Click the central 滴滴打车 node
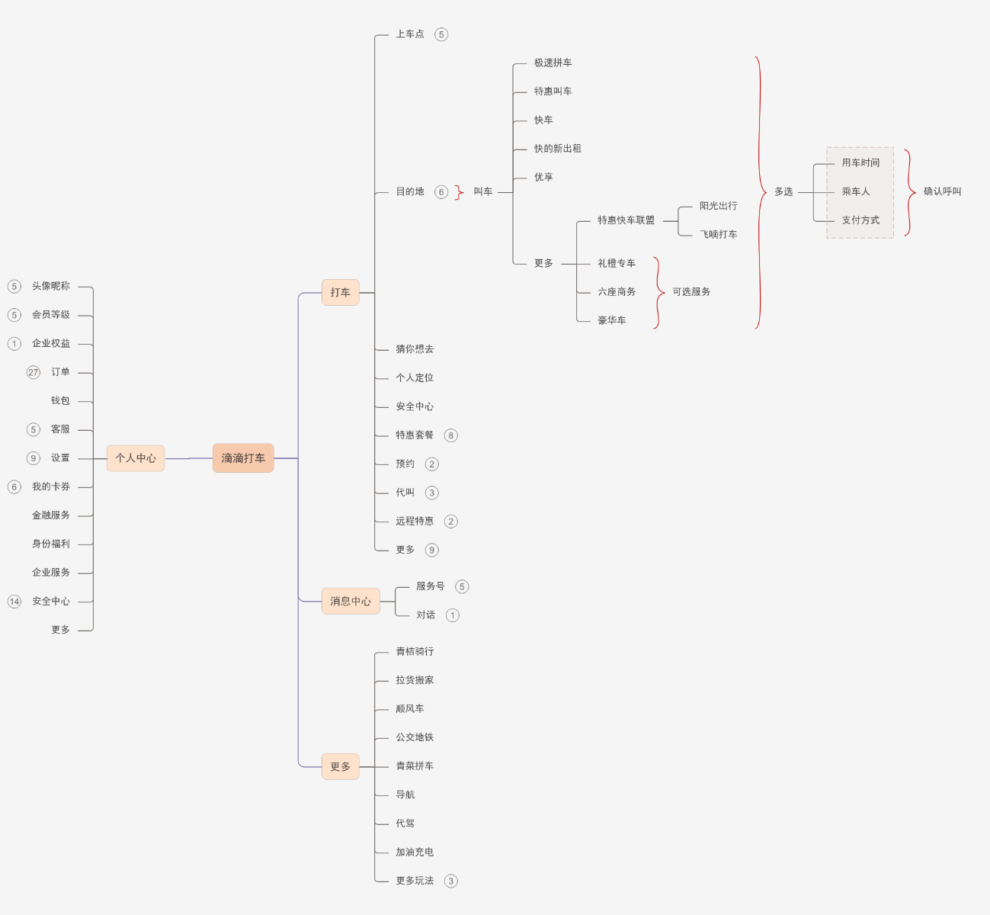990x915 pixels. click(x=243, y=458)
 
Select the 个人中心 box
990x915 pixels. click(x=136, y=458)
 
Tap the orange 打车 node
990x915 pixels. click(x=340, y=292)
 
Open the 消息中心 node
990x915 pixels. click(x=351, y=602)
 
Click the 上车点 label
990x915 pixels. click(x=410, y=34)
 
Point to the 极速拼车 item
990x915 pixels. click(x=553, y=63)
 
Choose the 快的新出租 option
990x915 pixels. click(x=557, y=149)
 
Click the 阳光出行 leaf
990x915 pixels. click(x=718, y=206)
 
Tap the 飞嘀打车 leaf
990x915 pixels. click(x=718, y=235)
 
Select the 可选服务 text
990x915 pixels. click(x=691, y=292)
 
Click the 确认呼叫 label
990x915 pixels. click(x=942, y=191)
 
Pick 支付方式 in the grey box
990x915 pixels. click(x=860, y=220)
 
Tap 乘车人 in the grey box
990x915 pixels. click(x=855, y=191)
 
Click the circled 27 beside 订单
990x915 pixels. click(x=34, y=372)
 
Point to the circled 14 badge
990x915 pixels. click(x=14, y=602)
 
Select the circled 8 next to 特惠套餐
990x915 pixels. click(x=451, y=435)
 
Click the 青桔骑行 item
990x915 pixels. click(x=415, y=651)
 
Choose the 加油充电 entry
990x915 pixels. click(x=415, y=852)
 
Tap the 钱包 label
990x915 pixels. click(x=60, y=400)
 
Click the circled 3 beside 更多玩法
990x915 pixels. click(x=451, y=881)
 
